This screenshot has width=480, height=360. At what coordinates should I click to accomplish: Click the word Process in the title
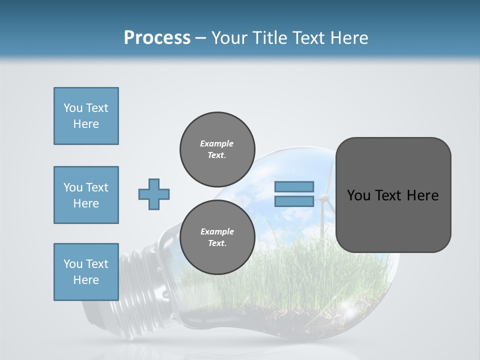(x=157, y=38)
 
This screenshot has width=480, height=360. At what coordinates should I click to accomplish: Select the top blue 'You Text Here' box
(x=86, y=116)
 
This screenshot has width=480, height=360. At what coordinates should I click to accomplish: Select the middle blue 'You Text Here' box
(x=86, y=195)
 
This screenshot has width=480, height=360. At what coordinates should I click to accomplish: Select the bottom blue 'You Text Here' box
(x=86, y=272)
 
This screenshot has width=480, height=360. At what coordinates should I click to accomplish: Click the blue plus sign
(x=154, y=194)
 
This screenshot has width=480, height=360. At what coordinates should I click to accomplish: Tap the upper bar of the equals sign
(x=294, y=187)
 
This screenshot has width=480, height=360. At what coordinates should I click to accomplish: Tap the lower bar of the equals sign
(x=294, y=201)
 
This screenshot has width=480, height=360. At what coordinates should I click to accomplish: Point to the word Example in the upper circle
(x=217, y=143)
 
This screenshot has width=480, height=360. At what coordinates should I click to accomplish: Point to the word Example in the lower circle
(x=217, y=231)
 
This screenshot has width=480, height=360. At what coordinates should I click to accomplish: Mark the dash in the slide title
(x=201, y=38)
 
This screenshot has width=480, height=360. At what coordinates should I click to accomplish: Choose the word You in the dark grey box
(x=358, y=195)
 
